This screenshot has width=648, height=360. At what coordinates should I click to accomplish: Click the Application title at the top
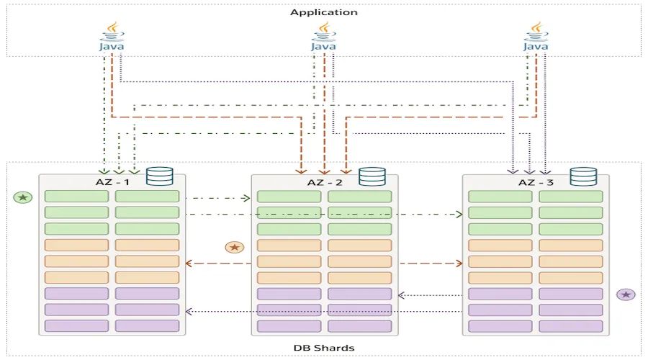323,12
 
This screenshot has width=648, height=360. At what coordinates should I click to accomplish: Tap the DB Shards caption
324,348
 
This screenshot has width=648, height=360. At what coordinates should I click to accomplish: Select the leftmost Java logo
112,37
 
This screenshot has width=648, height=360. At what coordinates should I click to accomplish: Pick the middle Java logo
323,37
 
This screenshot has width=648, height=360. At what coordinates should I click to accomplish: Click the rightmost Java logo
536,37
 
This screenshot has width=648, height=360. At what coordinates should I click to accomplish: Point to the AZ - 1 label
112,182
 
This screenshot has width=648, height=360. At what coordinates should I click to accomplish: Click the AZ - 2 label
325,182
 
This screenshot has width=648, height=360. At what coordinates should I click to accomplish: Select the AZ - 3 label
536,182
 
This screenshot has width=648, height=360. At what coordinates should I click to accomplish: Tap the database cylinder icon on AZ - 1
160,176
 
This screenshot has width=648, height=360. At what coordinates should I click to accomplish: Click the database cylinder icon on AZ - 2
372,176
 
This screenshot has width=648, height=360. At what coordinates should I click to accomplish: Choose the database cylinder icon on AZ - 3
583,176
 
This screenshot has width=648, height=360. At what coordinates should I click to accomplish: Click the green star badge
23,197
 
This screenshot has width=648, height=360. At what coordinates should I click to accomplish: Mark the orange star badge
234,247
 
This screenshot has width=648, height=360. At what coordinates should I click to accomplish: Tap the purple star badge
626,294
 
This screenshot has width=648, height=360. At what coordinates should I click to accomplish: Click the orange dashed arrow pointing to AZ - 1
218,264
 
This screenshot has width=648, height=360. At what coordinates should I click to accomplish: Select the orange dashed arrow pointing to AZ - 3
431,264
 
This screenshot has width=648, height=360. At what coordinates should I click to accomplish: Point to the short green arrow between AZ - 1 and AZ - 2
218,199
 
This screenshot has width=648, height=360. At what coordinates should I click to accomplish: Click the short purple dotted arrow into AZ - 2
430,295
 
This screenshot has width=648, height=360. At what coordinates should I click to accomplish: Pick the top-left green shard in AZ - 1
76,197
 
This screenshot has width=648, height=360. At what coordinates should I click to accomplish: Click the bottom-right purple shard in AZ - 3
571,326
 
